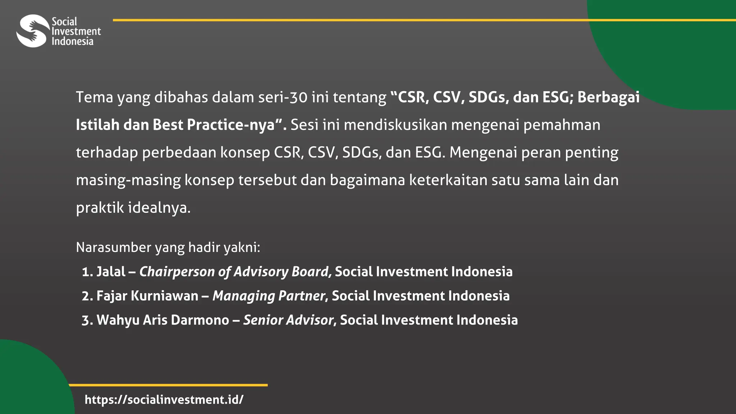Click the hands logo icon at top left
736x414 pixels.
click(33, 31)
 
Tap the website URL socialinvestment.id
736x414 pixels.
click(164, 400)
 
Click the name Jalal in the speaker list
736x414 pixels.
click(111, 272)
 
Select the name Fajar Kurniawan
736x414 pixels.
click(147, 296)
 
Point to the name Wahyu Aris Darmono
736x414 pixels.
click(163, 320)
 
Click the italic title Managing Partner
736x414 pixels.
click(269, 296)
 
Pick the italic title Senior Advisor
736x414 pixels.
click(289, 320)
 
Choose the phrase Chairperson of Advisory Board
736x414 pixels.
click(234, 272)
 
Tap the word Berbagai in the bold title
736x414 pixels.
click(608, 97)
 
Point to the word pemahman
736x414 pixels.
click(561, 125)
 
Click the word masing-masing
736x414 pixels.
click(128, 180)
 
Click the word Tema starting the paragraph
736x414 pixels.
click(95, 97)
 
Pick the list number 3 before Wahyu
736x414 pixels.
click(86, 320)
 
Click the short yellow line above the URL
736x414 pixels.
click(168, 385)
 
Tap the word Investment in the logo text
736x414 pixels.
click(76, 31)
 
